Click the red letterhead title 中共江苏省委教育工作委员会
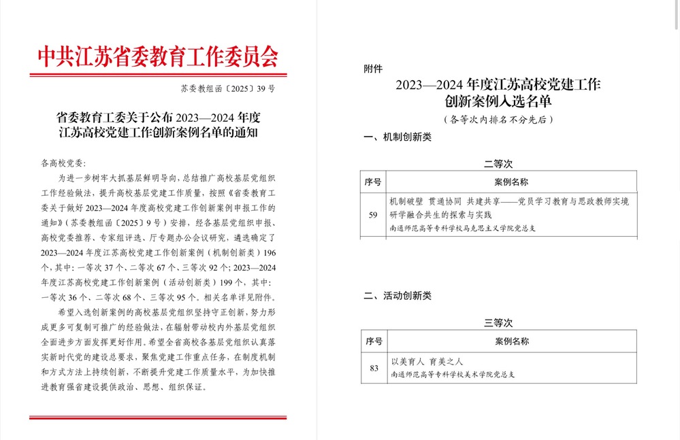pos(157,56)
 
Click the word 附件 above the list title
pos(374,69)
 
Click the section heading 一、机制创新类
pos(398,137)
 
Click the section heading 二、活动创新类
pos(398,296)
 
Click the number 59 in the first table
pos(373,215)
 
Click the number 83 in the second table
pos(374,368)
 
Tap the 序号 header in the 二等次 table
pos(373,182)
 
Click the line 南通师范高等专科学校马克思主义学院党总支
pos(463,229)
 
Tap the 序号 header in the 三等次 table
pos(374,341)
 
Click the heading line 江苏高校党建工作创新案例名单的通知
pos(157,133)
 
